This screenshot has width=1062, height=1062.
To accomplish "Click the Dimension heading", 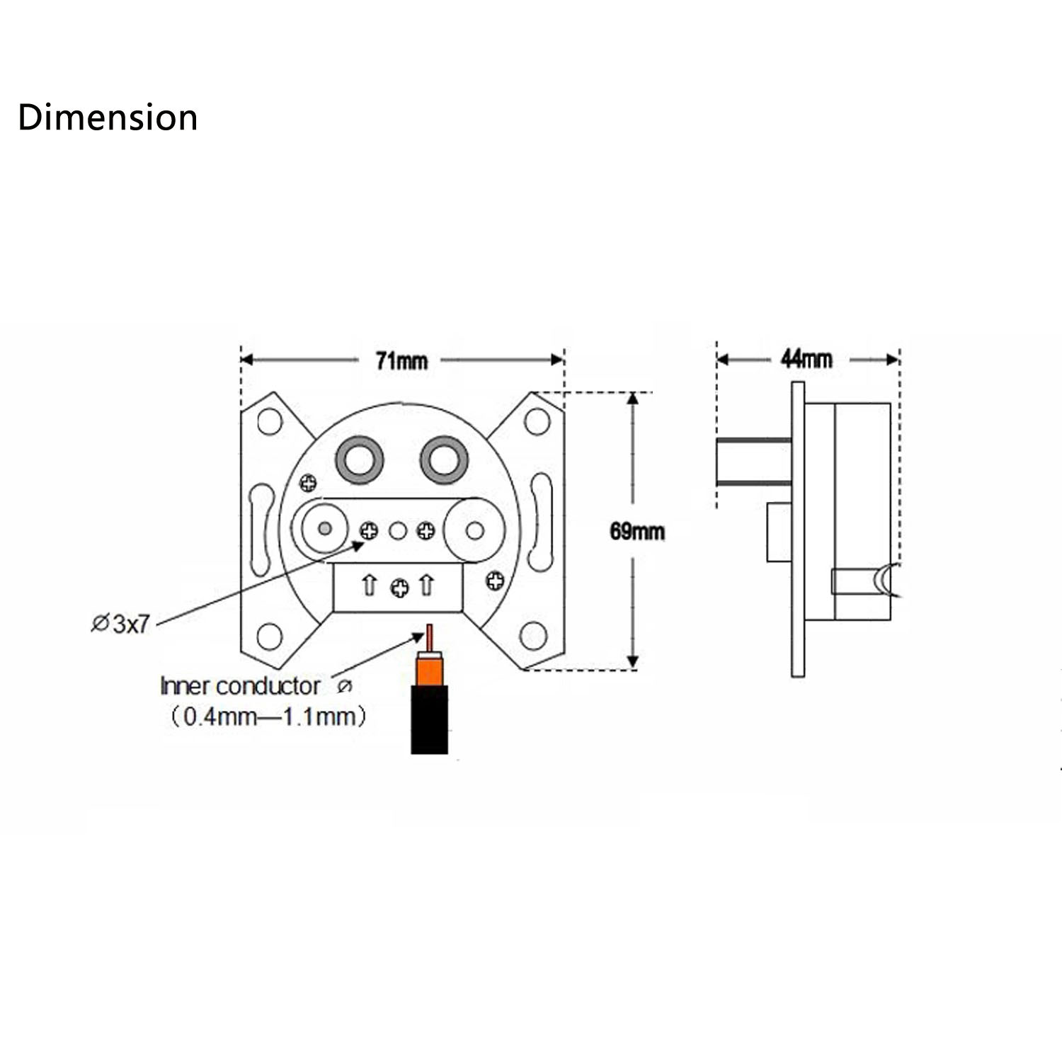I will [x=108, y=118].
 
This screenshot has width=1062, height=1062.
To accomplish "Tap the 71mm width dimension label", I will [x=401, y=361].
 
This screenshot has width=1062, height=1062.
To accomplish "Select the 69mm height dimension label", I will [x=637, y=531].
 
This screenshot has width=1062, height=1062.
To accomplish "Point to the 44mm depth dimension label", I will [x=806, y=359].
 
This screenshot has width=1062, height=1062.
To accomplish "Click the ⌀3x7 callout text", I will [x=121, y=624].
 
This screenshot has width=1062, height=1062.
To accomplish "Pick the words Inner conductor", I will [x=240, y=686].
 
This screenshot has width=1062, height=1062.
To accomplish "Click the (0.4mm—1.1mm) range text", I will [x=268, y=717].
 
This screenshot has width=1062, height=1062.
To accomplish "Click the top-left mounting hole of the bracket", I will [x=270, y=421].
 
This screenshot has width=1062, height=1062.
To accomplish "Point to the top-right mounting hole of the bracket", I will [x=537, y=421].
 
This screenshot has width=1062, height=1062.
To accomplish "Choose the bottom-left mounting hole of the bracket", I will [x=270, y=636].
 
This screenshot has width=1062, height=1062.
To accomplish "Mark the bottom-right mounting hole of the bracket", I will [x=534, y=636].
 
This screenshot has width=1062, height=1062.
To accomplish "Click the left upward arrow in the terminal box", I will [x=369, y=586].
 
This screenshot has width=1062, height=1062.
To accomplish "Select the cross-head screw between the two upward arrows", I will [x=400, y=587].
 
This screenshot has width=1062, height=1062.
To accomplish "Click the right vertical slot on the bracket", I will [x=542, y=522].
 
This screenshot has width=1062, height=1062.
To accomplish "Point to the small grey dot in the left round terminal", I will [x=325, y=528].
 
